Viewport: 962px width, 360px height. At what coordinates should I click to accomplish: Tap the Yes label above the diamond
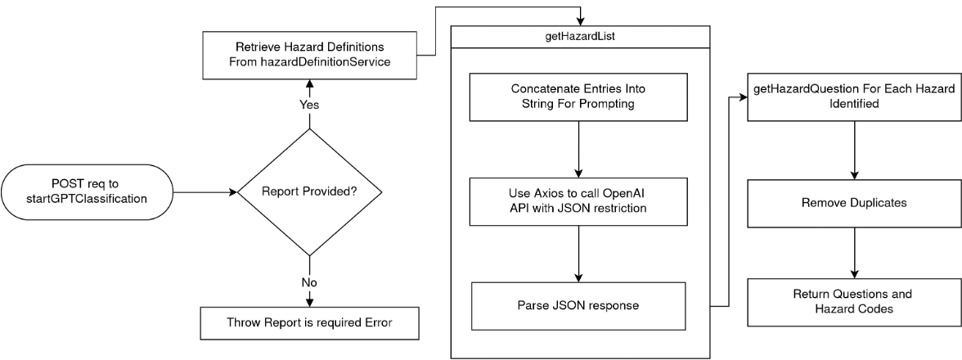(x=310, y=106)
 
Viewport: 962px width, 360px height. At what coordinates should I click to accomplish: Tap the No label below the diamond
(x=309, y=282)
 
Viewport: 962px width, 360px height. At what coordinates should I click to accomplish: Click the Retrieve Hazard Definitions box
(x=309, y=55)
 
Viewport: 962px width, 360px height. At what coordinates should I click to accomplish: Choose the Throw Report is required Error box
(x=309, y=322)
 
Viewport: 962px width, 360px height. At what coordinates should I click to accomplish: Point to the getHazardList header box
(x=580, y=37)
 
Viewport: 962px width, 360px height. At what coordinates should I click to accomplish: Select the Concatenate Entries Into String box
(x=578, y=97)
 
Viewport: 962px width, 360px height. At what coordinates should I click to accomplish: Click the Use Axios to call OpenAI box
(x=578, y=201)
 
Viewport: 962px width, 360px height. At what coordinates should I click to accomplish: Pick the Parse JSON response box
(x=578, y=306)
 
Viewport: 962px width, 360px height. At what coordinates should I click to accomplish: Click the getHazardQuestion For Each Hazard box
(x=854, y=97)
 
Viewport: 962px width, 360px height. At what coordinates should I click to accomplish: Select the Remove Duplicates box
(x=854, y=201)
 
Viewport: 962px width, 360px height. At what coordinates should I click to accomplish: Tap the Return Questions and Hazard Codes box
(x=854, y=301)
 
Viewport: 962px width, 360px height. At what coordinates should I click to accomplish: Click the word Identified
(x=854, y=105)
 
